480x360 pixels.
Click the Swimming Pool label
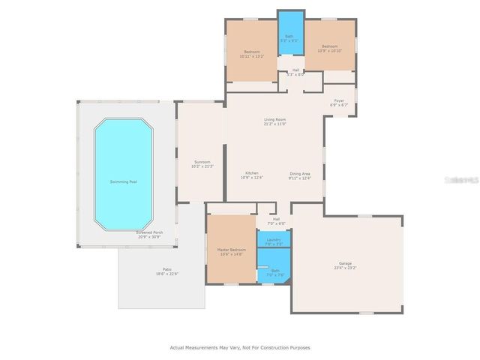(123, 181)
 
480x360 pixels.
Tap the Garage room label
(346, 263)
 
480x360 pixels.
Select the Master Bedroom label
(231, 249)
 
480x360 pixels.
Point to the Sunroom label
(202, 161)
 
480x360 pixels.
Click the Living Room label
(275, 119)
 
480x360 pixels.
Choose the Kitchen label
(251, 173)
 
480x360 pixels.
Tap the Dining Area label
(300, 173)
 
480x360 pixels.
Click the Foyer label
(339, 100)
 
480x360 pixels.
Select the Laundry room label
(274, 239)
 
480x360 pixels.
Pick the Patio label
(167, 268)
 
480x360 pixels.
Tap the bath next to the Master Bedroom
(274, 271)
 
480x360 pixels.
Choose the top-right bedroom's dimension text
(329, 50)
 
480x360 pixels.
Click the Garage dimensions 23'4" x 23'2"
(346, 268)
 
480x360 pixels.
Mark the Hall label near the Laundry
(276, 219)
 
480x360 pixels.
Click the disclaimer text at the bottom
(240, 347)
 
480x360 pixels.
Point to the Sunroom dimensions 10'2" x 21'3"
(202, 166)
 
